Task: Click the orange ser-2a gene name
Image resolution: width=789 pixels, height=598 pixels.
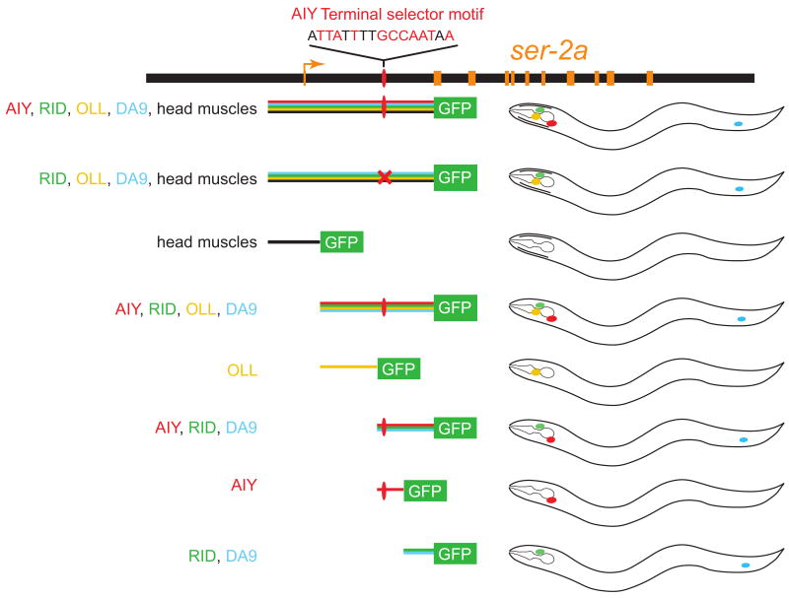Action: pos(549,50)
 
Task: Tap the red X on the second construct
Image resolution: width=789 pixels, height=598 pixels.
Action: pos(385,177)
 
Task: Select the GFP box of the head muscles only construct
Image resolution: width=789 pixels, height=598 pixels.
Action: pos(341,241)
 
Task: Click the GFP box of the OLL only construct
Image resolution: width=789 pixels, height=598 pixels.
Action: pos(398,369)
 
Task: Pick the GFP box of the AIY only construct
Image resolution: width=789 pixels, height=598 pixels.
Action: pos(425,491)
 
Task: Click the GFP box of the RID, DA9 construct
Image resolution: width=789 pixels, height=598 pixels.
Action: pos(455,553)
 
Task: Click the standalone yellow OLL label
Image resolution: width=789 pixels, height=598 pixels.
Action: pos(242,370)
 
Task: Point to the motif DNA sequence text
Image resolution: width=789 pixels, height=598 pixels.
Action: pos(383,34)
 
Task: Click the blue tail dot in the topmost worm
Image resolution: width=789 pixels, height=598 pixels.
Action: pos(739,124)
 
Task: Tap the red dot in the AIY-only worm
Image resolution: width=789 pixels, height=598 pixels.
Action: pos(551,499)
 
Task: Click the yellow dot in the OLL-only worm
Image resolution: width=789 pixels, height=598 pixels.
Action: pos(536,372)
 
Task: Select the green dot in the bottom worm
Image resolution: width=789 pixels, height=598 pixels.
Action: pos(539,552)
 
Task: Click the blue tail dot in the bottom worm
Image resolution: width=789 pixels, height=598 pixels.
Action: pos(746,565)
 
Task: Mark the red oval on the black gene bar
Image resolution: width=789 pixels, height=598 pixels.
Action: pos(384,78)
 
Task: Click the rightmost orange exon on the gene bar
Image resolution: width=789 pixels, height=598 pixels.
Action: pos(650,78)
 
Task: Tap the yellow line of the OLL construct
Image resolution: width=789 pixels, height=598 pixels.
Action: pos(348,367)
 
